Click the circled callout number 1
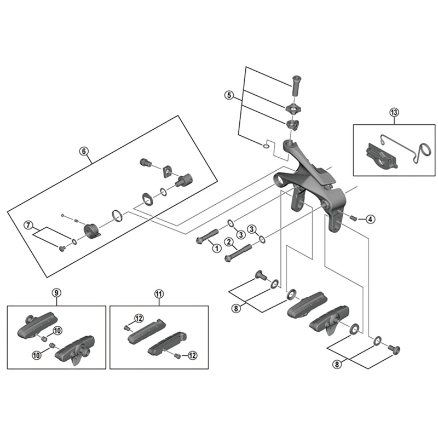click(x=216, y=249)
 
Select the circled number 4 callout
click(x=371, y=220)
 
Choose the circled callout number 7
click(x=28, y=225)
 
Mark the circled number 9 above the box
click(x=56, y=292)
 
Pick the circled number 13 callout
click(x=394, y=112)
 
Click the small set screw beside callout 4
click(x=354, y=218)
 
